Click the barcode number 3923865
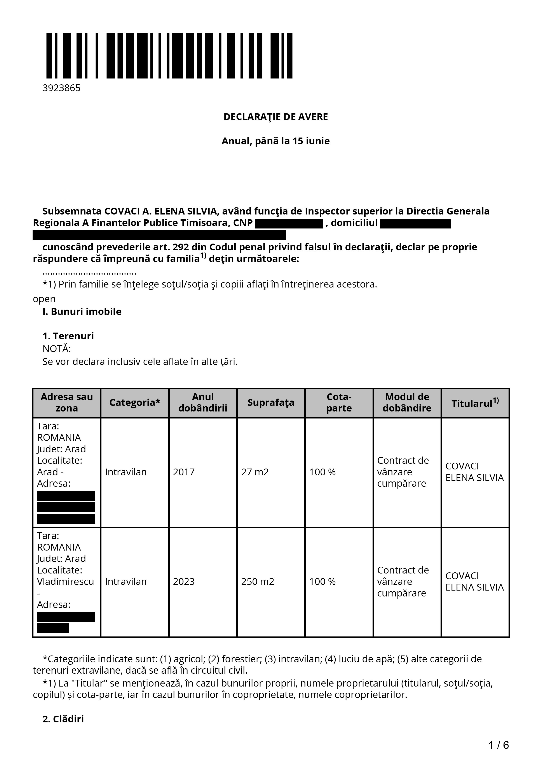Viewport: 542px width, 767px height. click(x=61, y=88)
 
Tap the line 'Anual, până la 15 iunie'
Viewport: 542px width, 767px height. click(x=275, y=141)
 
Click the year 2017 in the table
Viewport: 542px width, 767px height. click(x=184, y=472)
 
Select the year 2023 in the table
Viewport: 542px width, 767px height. click(x=184, y=582)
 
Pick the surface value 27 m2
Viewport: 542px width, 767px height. click(x=255, y=472)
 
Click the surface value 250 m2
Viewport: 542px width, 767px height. click(x=258, y=582)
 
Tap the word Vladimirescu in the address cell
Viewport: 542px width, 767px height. click(x=65, y=582)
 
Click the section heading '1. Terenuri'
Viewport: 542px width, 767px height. click(x=68, y=336)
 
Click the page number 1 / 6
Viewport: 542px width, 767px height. click(x=498, y=745)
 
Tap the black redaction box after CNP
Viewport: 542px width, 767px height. click(x=289, y=223)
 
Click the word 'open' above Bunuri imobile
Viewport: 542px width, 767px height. click(x=44, y=299)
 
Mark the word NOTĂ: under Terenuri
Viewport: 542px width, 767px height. click(x=56, y=349)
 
